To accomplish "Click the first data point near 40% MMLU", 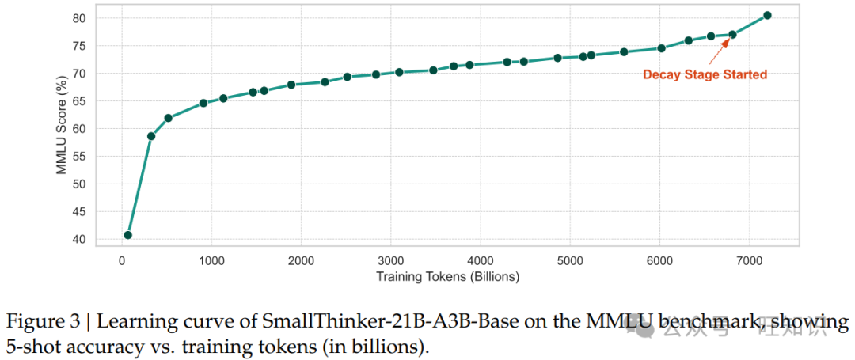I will pyautogui.click(x=127, y=235).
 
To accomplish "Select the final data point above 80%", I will pyautogui.click(x=767, y=15).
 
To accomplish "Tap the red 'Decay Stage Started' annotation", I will pyautogui.click(x=704, y=74).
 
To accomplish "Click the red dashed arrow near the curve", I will pyautogui.click(x=719, y=50).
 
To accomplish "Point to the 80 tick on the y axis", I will pyautogui.click(x=79, y=18).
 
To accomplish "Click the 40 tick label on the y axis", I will pyautogui.click(x=79, y=240).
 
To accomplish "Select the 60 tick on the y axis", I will pyautogui.click(x=79, y=129).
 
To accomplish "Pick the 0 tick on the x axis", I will pyautogui.click(x=122, y=261).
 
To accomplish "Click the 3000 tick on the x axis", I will pyautogui.click(x=390, y=261).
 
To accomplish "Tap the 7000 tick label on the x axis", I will pyautogui.click(x=750, y=261).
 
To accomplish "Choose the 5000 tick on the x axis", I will pyautogui.click(x=570, y=261).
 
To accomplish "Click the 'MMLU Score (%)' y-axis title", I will pyautogui.click(x=63, y=129).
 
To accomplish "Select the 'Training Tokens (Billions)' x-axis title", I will pyautogui.click(x=447, y=277).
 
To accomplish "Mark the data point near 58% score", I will pyautogui.click(x=151, y=136).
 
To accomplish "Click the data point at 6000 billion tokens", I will pyautogui.click(x=661, y=48).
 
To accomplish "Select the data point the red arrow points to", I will pyautogui.click(x=732, y=34).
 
